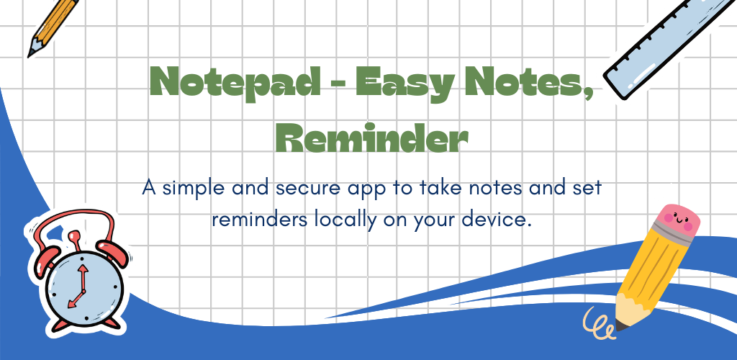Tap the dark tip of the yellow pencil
[621, 325]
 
